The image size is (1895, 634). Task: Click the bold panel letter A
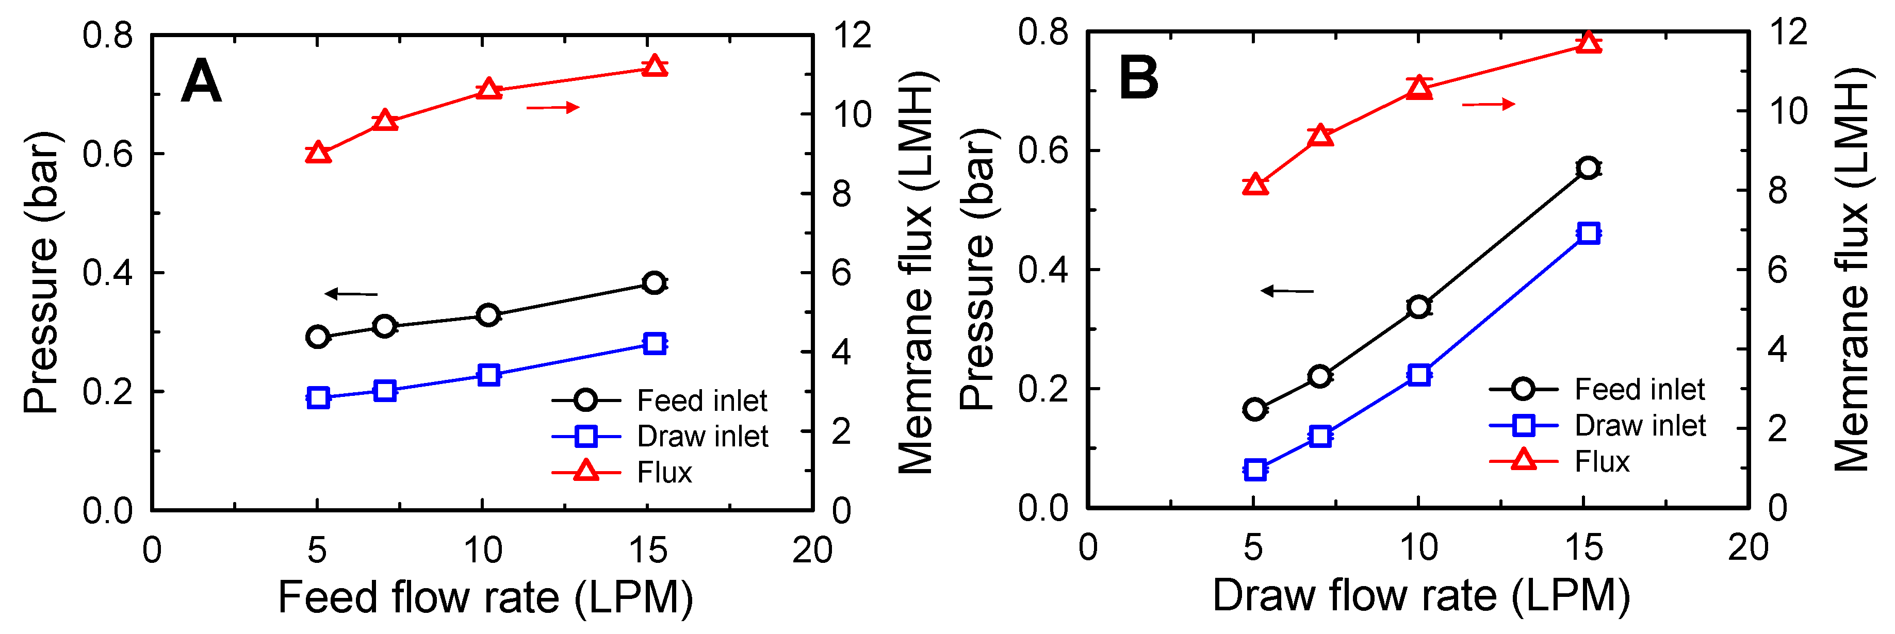tap(201, 81)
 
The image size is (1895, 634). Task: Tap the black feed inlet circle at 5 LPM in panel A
tap(318, 337)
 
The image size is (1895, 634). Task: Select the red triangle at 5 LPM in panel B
tap(1255, 185)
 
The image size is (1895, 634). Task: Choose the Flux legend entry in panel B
tap(1602, 462)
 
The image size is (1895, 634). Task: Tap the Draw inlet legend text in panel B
tap(1640, 426)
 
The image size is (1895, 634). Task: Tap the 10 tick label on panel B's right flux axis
tap(1787, 112)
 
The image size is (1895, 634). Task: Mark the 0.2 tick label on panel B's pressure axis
tap(1043, 389)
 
